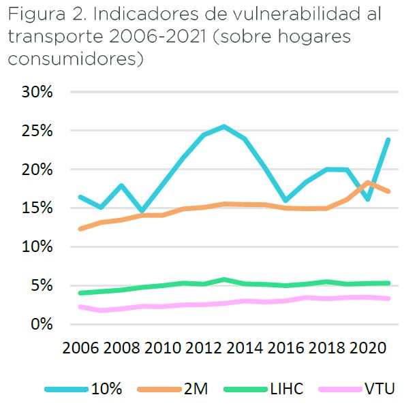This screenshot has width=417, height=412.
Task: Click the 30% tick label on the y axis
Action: (35, 92)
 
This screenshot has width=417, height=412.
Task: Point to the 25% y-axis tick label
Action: (35, 131)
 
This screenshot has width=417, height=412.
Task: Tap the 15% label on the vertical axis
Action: (35, 208)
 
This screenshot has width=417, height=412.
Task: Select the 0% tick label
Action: (41, 324)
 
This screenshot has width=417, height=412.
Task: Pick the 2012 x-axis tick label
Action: (204, 348)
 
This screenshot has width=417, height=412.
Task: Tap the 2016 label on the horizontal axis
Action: (285, 348)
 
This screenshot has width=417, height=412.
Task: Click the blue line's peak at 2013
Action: (224, 127)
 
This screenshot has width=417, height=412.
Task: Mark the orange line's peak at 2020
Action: (369, 182)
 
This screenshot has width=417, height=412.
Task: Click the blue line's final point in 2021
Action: (388, 140)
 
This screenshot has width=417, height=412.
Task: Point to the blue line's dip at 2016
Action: (285, 201)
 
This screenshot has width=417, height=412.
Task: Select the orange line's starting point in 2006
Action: (81, 229)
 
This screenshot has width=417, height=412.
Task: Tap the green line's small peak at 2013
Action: (224, 279)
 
